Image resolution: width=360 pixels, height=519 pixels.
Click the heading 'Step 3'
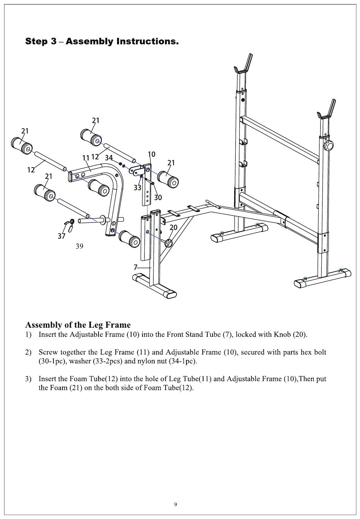pos(41,41)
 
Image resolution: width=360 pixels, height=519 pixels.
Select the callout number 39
pos(80,246)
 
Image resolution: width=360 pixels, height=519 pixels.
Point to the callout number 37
pos(62,236)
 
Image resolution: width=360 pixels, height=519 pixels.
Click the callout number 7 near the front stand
pos(135,267)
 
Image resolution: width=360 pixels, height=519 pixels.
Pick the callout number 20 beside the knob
pos(174,227)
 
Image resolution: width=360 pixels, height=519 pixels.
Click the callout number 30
pos(158,197)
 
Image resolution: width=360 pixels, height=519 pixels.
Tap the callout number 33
pos(138,188)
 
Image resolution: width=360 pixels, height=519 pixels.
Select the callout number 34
pos(109,158)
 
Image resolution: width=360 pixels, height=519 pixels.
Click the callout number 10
pos(151,154)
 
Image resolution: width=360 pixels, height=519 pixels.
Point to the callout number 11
pos(86,158)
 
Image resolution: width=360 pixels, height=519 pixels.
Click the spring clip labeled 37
pos(70,224)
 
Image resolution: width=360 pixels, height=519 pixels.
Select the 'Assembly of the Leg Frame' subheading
pos(78,325)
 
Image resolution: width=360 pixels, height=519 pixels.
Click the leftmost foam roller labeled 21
pos(22,145)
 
